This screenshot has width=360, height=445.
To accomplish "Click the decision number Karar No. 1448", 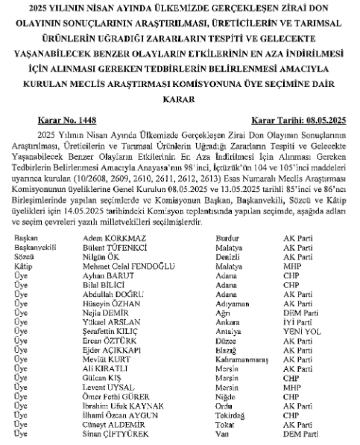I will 64,120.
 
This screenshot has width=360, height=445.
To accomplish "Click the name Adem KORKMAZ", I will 115,238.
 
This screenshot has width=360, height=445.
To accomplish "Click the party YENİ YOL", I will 302,331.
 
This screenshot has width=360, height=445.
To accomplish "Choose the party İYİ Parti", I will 299,322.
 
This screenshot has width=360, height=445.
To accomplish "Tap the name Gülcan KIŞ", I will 102,378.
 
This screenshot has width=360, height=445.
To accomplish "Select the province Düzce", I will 227,340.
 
